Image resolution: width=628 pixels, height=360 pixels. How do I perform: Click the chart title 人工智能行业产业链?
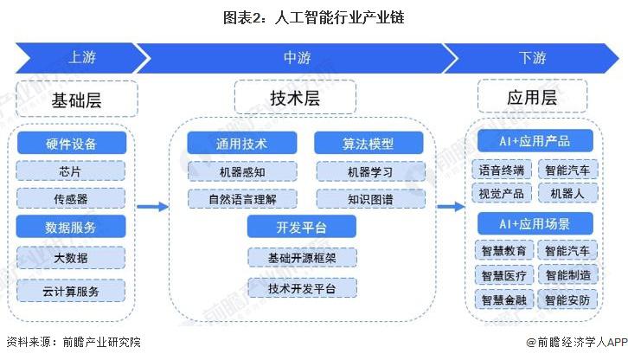pyautogui.click(x=313, y=16)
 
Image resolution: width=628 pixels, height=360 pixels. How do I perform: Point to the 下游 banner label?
pyautogui.click(x=532, y=58)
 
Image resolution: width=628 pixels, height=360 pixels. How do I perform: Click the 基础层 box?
pyautogui.click(x=76, y=100)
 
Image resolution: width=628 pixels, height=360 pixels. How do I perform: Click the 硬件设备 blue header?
pyautogui.click(x=71, y=143)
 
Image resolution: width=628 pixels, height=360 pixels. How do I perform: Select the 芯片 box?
pyautogui.click(x=71, y=170)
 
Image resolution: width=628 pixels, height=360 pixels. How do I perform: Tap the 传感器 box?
pyautogui.click(x=71, y=198)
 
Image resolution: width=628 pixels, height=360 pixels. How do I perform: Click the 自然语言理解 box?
pyautogui.click(x=242, y=199)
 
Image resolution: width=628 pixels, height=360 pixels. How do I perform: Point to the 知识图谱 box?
pyautogui.click(x=369, y=199)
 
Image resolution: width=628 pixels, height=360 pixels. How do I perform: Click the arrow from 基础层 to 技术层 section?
pyautogui.click(x=151, y=207)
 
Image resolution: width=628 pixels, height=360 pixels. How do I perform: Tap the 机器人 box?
pyautogui.click(x=567, y=193)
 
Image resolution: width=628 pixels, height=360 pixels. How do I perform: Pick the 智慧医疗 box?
pyautogui.click(x=503, y=275)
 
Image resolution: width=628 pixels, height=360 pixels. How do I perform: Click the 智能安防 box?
pyautogui.click(x=567, y=299)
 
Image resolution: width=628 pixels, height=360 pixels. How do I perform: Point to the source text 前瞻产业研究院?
pyautogui.click(x=100, y=343)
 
